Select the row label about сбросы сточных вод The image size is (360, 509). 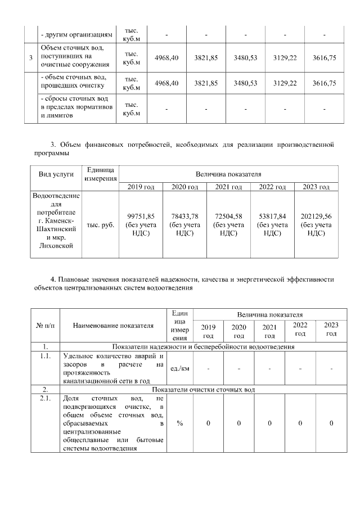76,107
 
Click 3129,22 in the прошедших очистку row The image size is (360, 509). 285,83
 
